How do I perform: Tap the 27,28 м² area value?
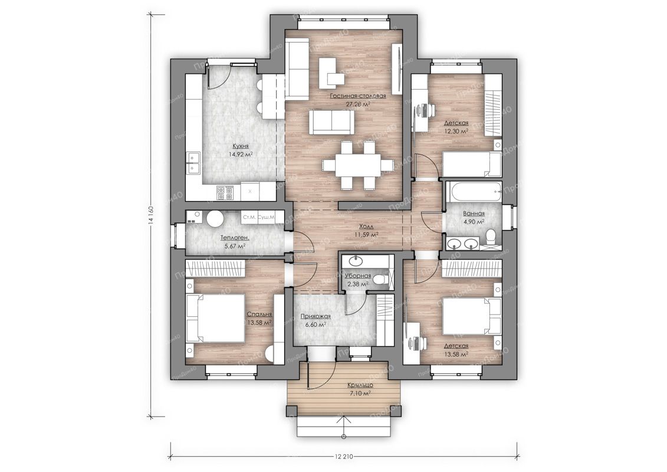pyautogui.click(x=358, y=103)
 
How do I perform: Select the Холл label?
pyautogui.click(x=367, y=227)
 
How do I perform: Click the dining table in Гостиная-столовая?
pyautogui.click(x=357, y=164)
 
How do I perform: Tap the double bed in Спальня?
pyautogui.click(x=215, y=317)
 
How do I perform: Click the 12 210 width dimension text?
pyautogui.click(x=344, y=457)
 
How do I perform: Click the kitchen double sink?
pyautogui.click(x=193, y=163)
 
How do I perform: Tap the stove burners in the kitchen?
pyautogui.click(x=225, y=193)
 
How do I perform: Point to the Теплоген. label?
pyautogui.click(x=235, y=238)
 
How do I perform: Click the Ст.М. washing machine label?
pyautogui.click(x=249, y=218)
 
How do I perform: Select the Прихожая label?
pyautogui.click(x=316, y=316)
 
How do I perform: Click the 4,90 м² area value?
pyautogui.click(x=474, y=222)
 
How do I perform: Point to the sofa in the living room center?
pyautogui.click(x=331, y=122)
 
